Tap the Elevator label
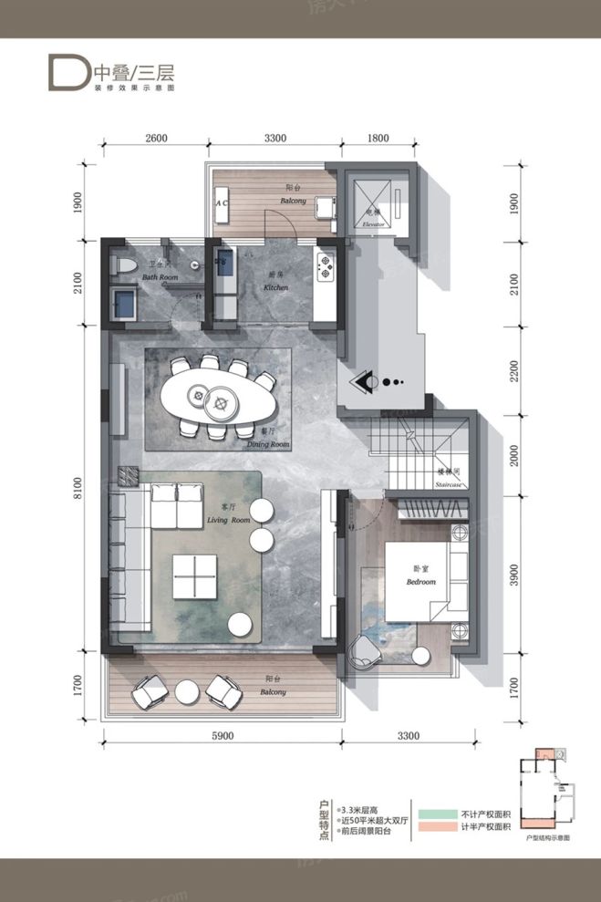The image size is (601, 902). pyautogui.click(x=371, y=223)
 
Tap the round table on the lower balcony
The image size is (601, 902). pyautogui.click(x=188, y=692)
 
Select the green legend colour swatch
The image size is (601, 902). pyautogui.click(x=436, y=811)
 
